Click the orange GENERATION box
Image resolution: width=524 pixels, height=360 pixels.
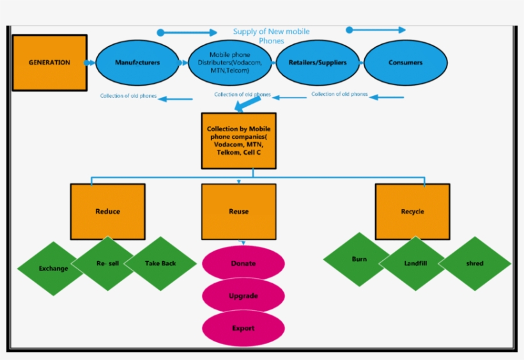(50, 63)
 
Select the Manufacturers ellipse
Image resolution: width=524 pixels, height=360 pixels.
(137, 63)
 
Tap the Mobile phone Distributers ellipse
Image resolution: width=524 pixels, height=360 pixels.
(229, 63)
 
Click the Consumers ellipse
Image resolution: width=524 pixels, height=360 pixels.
(405, 63)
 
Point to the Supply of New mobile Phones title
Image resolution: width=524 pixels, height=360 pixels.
(271, 36)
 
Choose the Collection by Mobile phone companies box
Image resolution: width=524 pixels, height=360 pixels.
(239, 141)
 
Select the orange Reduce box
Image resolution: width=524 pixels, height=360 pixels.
(107, 212)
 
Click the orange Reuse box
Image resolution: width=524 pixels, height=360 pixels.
(239, 212)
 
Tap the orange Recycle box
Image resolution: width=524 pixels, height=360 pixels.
(412, 212)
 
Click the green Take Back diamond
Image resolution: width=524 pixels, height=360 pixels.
(160, 263)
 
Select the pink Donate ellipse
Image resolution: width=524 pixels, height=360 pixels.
(243, 263)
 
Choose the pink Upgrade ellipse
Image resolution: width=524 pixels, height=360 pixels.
(243, 296)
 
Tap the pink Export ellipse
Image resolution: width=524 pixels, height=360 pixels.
(243, 328)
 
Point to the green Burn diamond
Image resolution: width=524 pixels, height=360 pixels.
(359, 260)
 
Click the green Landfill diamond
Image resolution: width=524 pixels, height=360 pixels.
(415, 263)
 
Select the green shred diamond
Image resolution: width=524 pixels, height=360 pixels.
(475, 263)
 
